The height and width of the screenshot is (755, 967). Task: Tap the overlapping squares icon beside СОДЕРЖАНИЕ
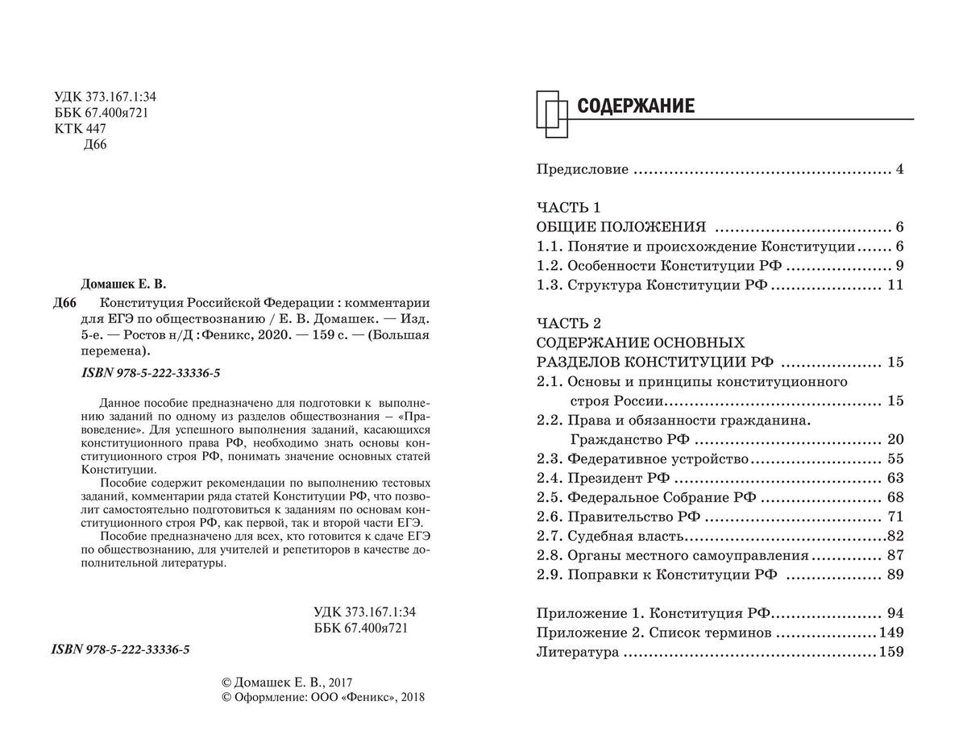point(554,112)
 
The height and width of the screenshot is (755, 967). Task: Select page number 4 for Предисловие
point(899,170)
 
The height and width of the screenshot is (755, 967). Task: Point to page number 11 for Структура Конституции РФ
point(894,284)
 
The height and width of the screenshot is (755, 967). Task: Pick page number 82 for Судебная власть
point(894,536)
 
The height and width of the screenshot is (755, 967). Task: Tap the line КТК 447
point(81,129)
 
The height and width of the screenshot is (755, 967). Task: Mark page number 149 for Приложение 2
point(891,633)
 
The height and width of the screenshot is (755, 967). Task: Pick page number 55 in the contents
point(894,458)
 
